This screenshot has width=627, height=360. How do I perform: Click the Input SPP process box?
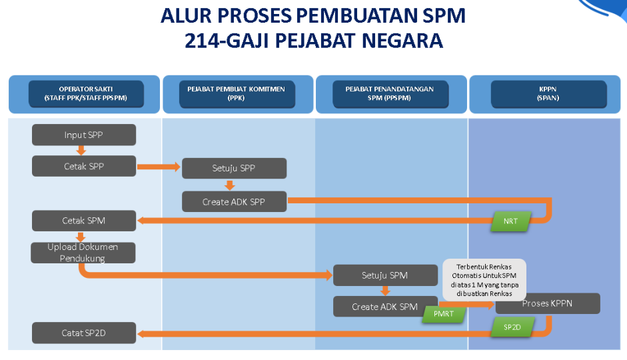point(84,135)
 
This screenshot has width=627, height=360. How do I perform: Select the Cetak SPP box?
point(84,166)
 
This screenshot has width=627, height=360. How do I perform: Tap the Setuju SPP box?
point(234,169)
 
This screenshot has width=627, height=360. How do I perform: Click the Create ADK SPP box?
point(234,201)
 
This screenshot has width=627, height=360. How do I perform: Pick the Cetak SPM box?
point(84,221)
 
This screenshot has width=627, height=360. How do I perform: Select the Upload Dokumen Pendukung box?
point(83,252)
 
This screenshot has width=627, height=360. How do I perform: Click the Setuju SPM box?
point(384,275)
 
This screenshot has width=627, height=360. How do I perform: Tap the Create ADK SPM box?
point(384,307)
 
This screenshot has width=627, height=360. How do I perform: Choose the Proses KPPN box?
point(548,304)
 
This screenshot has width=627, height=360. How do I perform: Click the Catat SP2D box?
point(84,333)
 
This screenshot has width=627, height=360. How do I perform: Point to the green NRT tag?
point(510,221)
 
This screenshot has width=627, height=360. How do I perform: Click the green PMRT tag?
point(443,314)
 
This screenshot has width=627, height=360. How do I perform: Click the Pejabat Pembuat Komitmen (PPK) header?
point(237,94)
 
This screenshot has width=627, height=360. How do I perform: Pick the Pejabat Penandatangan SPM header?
point(390,94)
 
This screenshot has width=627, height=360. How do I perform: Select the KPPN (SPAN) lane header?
point(548,94)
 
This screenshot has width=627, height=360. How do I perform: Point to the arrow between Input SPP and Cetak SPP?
point(82,150)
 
